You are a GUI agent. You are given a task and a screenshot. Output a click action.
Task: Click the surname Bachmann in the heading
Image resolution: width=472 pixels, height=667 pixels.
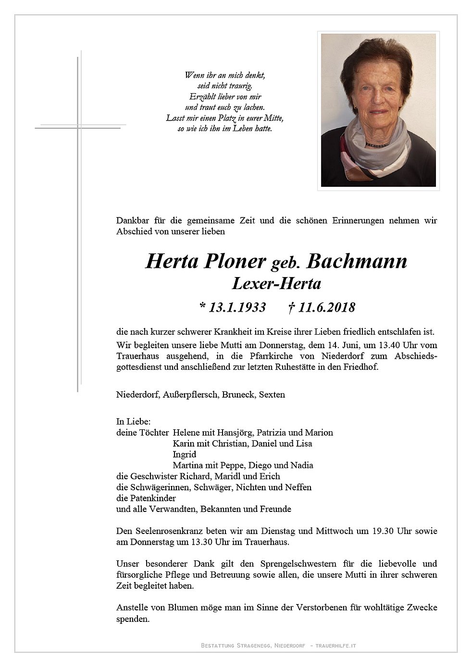point(357,261)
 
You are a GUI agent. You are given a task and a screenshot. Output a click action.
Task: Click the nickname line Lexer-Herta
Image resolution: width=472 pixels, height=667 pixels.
point(276,284)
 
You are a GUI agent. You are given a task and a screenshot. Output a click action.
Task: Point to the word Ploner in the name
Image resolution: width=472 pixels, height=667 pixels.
point(235,261)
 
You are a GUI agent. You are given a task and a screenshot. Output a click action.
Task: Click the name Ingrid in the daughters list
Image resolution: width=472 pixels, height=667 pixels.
point(185,454)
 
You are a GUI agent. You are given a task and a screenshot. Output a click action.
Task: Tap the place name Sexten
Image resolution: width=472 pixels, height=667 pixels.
point(272,395)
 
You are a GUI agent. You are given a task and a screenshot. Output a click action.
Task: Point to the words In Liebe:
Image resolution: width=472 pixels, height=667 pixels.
point(134,422)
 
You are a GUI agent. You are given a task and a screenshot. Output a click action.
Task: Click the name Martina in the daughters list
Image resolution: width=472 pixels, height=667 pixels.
point(187,465)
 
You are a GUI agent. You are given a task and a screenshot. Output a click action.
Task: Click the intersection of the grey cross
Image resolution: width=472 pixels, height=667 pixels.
point(79,127)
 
